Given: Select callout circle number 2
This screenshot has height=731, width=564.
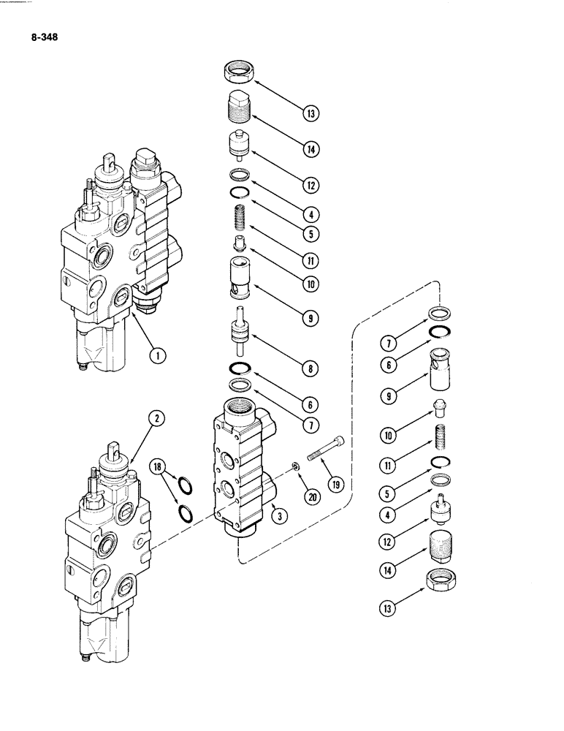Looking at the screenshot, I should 156,419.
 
